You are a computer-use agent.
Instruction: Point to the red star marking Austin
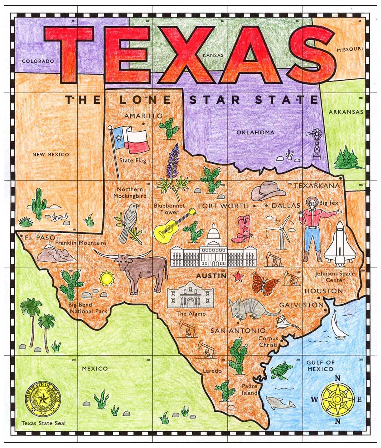point(238,276)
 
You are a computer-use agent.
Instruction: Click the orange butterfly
point(265,283)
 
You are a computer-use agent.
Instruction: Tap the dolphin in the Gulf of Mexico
point(280,404)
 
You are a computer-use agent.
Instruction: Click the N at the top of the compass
point(337,378)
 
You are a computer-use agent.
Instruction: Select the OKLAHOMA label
point(255,133)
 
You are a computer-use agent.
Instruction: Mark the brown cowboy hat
point(268,191)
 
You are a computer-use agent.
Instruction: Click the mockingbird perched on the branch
point(129,221)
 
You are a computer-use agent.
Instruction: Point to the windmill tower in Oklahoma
point(317,144)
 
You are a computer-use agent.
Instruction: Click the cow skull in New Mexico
point(59,217)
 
